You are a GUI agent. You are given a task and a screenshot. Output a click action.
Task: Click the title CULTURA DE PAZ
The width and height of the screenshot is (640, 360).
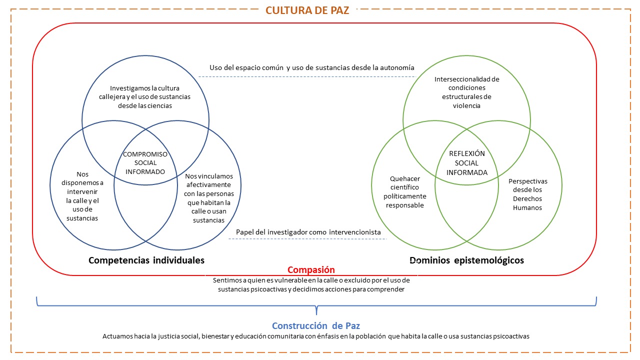coord(307,10)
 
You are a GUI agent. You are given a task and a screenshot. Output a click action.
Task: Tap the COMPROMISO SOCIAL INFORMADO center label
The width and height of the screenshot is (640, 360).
coord(145,163)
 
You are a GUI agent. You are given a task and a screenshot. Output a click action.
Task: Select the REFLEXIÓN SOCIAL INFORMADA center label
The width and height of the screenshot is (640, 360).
coord(466,163)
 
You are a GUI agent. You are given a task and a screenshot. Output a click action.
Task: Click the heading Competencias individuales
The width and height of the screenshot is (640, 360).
coord(146,260)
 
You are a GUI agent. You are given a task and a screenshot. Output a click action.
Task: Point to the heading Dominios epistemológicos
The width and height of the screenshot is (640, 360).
coord(466,260)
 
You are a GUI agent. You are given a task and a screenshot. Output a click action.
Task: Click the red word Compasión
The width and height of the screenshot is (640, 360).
coord(311,270)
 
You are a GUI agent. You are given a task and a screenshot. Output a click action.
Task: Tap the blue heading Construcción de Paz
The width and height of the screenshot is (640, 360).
coord(315,326)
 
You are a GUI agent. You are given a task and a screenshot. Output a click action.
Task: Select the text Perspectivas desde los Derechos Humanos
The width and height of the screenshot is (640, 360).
coord(527,194)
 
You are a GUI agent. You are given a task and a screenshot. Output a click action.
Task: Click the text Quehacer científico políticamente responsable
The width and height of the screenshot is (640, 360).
coord(405,191)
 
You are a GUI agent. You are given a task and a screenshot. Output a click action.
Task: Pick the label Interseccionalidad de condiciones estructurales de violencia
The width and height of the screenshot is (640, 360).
coord(467,92)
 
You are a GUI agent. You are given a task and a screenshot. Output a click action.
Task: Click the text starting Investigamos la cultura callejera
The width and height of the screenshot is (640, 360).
coord(145,97)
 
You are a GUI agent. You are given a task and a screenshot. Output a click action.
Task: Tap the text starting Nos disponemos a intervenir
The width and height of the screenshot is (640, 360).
coord(82,196)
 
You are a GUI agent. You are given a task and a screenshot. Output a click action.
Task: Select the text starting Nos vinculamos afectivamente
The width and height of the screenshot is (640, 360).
coord(208,198)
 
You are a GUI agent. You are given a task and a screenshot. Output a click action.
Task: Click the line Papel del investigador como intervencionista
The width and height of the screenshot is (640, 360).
coord(308,232)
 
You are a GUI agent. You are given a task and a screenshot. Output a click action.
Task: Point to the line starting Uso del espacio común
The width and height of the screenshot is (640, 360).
coord(312,67)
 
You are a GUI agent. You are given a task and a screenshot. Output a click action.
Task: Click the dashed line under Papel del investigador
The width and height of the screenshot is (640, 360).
coord(308,239)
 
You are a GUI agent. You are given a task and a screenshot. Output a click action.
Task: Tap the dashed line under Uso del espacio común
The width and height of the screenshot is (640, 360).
coord(306,76)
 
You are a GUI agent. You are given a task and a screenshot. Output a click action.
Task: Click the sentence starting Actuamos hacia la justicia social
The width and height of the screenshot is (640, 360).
coord(315,336)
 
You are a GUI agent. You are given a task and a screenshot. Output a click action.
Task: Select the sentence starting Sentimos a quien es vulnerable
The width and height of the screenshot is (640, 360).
coord(311,284)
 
